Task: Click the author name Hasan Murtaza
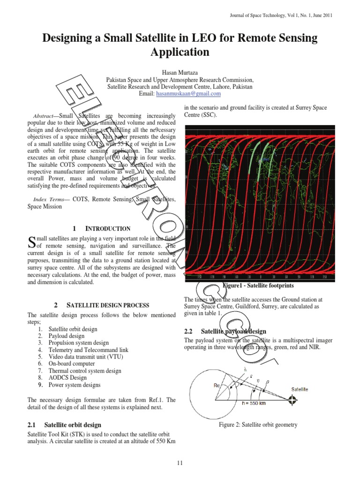180,73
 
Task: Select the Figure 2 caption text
258,425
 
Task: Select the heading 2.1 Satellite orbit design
64,425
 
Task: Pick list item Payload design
67,336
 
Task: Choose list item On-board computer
71,363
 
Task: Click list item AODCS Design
67,377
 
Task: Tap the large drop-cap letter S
32,242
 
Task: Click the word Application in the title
180,52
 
